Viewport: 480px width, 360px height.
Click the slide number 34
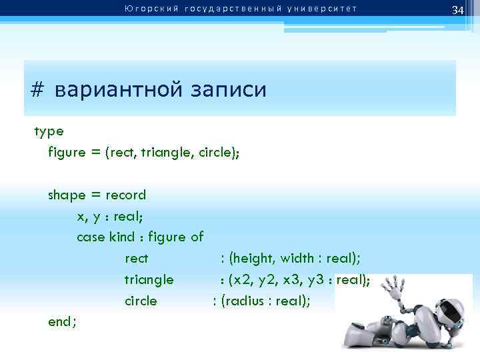tap(457, 11)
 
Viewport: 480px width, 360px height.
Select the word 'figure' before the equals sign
tap(67, 152)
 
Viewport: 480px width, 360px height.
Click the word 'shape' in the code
tap(67, 195)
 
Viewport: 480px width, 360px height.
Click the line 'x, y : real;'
tap(110, 216)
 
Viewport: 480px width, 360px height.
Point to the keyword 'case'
tap(90, 237)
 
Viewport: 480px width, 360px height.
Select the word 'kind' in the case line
tap(121, 237)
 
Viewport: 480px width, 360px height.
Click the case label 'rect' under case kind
tap(136, 258)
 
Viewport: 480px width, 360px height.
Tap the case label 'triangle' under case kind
tap(149, 279)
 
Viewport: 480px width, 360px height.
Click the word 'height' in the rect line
tap(253, 258)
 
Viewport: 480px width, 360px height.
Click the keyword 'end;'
tap(63, 322)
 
